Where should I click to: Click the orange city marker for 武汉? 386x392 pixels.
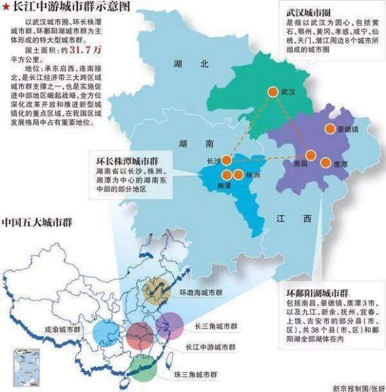[x=272, y=93]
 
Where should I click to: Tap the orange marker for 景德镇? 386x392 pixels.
[x=329, y=130]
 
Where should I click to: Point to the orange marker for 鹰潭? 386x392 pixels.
[x=325, y=162]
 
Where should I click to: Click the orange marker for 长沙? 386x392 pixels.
[x=226, y=161]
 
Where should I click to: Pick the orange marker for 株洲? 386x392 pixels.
[x=238, y=175]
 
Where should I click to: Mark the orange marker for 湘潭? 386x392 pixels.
[x=226, y=175]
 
